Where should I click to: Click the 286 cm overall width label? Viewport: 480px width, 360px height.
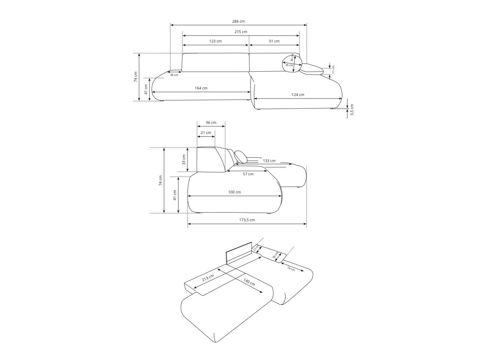point(238,21)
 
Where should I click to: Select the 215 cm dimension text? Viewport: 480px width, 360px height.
point(241,32)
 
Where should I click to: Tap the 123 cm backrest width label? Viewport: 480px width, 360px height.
point(215,41)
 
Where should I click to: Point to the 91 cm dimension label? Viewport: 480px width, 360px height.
point(274,41)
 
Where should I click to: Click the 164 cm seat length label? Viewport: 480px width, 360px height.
point(201,88)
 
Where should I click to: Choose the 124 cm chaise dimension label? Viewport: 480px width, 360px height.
point(297,95)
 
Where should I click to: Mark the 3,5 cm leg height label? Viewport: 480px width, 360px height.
point(352,110)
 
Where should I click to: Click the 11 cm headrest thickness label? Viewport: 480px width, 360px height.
point(333,70)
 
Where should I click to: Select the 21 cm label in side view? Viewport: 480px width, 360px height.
point(206,133)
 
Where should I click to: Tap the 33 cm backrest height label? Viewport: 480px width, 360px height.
point(184,160)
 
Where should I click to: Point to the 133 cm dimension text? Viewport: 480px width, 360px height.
point(269,161)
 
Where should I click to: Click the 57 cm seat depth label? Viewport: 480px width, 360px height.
point(248,174)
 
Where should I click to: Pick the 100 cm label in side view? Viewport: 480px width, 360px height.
point(234,192)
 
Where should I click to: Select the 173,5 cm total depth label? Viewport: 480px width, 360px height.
point(247,220)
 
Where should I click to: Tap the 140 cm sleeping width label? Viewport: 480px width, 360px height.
point(249,282)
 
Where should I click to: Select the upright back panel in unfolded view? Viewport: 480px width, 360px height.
point(239,253)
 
